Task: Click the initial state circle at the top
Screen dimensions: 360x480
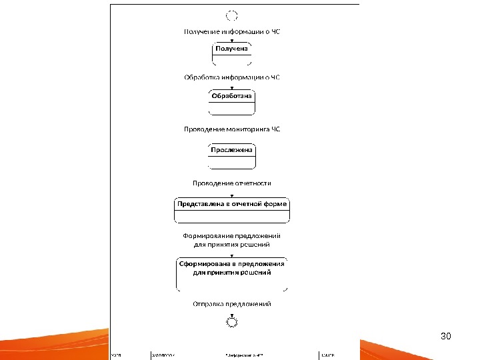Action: point(232,15)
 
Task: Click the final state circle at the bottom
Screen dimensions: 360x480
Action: point(232,322)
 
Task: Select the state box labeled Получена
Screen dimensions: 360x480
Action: point(232,54)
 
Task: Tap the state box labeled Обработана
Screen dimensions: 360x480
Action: point(232,102)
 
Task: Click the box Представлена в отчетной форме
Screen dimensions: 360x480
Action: point(232,209)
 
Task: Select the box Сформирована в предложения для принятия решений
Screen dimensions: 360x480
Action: point(232,273)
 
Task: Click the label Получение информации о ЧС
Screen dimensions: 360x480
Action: point(232,31)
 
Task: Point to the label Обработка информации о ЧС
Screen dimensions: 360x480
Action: point(232,77)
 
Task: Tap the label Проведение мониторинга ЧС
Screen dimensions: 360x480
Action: point(232,129)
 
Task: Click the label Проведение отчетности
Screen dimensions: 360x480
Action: point(232,183)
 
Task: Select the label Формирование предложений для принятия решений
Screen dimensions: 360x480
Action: point(232,240)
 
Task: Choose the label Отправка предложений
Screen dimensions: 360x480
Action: point(232,304)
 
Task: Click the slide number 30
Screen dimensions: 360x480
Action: point(447,336)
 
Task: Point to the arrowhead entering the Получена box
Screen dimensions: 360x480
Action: point(232,41)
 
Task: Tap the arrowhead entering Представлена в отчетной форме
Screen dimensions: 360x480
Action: point(232,195)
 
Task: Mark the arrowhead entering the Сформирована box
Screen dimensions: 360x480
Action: point(232,255)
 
